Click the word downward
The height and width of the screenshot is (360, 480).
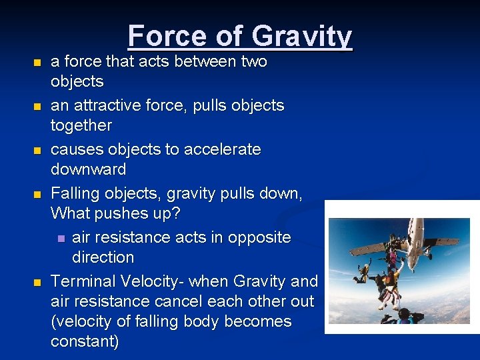tap(88, 169)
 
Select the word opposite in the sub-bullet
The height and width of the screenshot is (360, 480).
tap(258, 237)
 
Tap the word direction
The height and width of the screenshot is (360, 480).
tap(103, 257)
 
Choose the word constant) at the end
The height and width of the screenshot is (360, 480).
tap(85, 342)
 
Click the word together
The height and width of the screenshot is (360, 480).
tap(81, 125)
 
